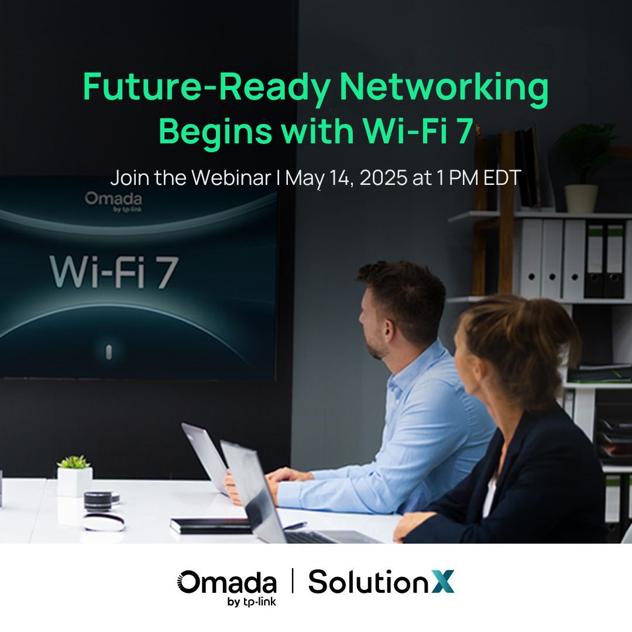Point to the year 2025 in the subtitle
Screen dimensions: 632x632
pos(384,178)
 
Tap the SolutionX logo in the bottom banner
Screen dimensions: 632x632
pos(381,582)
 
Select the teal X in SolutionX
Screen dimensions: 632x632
pos(444,582)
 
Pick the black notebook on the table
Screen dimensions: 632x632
pos(211,525)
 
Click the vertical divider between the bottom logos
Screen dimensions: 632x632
pos(293,582)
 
